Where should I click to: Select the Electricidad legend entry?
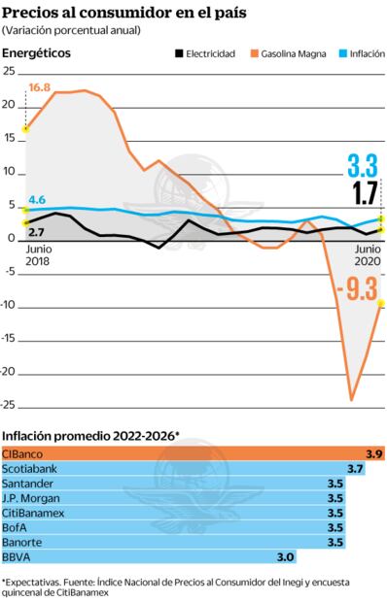[x=206, y=53]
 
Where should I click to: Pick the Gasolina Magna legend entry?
[x=289, y=53]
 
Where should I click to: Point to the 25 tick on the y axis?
[x=9, y=72]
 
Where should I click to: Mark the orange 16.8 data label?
[x=39, y=87]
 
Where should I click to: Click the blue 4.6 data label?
[x=37, y=199]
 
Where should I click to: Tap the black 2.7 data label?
[x=36, y=233]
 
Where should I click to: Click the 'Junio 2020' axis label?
[x=366, y=254]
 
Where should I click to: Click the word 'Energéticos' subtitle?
[x=37, y=53]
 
